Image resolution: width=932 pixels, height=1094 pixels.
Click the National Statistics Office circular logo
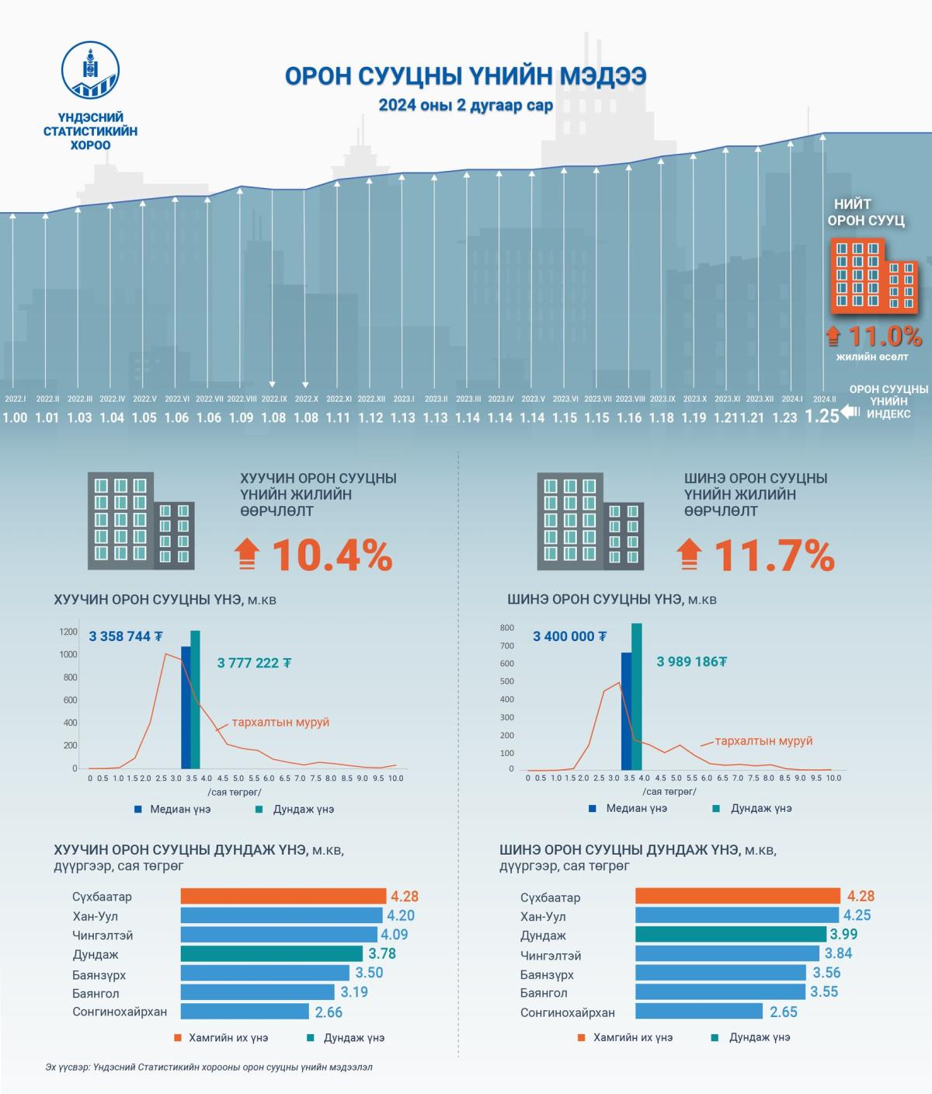click(x=91, y=70)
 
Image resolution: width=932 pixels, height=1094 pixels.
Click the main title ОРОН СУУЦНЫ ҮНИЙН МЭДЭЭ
click(x=465, y=76)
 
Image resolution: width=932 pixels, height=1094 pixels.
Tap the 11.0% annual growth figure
click(x=884, y=336)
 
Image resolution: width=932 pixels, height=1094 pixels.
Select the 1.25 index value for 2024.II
click(x=822, y=416)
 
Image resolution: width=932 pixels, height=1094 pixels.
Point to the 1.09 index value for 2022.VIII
click(x=242, y=417)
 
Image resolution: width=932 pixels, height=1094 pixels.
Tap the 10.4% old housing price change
click(x=332, y=555)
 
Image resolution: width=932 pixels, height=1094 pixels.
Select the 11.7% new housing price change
click(x=774, y=555)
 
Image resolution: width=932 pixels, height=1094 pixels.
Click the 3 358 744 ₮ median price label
click(x=126, y=636)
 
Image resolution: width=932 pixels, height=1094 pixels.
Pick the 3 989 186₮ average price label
click(x=692, y=661)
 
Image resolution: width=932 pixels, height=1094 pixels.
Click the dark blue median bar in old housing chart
click(x=186, y=707)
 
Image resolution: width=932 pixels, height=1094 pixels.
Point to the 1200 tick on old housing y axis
click(x=68, y=632)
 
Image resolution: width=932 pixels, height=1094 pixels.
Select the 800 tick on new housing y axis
click(x=506, y=628)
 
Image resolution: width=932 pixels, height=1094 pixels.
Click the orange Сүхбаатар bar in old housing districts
click(x=283, y=896)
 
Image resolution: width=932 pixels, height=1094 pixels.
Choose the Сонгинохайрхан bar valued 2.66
click(x=245, y=1012)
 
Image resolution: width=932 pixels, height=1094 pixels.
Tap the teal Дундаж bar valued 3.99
click(x=730, y=934)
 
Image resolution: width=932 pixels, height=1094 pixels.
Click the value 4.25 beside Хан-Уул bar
click(x=857, y=915)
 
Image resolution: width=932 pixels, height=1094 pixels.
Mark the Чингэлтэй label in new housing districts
click(x=551, y=955)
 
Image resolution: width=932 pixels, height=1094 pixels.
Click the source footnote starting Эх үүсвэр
click(x=209, y=1067)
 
